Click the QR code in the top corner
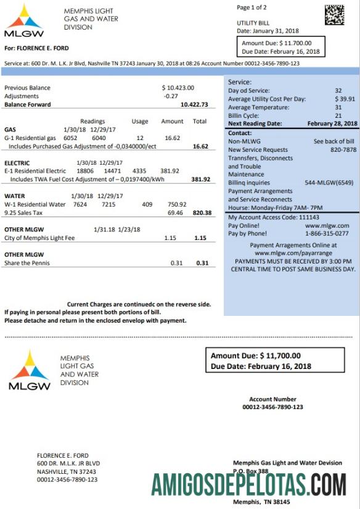coord(334,15)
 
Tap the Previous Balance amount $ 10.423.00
coord(178,88)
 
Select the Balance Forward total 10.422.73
coord(194,105)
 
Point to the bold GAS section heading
coord(10,130)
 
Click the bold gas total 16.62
coord(200,147)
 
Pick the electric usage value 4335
coord(139,171)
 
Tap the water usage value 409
coord(147,204)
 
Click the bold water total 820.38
coord(202,212)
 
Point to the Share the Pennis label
coord(27,263)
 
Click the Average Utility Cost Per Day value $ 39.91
coord(345,99)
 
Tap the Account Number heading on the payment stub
coord(272,399)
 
